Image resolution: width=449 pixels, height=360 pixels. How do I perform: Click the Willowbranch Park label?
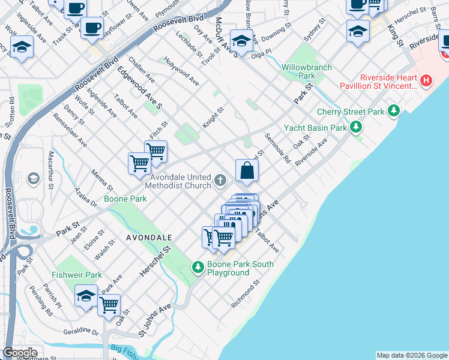307,71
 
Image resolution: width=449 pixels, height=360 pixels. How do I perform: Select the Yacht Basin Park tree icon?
357,127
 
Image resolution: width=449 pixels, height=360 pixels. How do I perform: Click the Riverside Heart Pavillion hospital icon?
426,80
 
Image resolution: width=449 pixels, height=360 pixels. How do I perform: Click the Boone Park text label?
125,199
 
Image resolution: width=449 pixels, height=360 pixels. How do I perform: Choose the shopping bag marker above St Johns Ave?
247,171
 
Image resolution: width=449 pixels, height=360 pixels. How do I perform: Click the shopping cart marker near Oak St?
109,305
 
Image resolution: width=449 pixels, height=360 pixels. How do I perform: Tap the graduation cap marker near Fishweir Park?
86,296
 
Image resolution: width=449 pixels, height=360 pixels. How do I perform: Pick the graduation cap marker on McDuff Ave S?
241,41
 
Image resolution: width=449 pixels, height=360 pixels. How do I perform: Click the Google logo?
20,353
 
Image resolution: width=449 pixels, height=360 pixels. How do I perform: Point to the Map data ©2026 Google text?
412,355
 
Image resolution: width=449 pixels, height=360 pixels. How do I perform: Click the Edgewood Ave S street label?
139,88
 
